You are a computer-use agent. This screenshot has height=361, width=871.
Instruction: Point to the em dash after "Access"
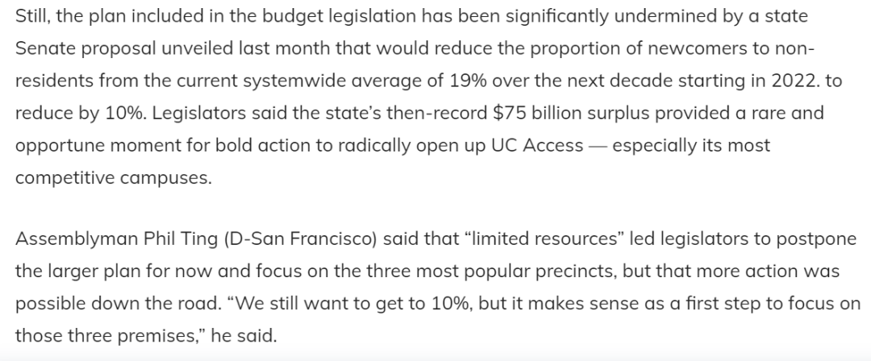point(598,146)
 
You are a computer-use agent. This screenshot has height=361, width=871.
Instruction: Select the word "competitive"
point(65,178)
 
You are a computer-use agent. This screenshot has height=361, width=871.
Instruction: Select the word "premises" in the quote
point(146,336)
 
